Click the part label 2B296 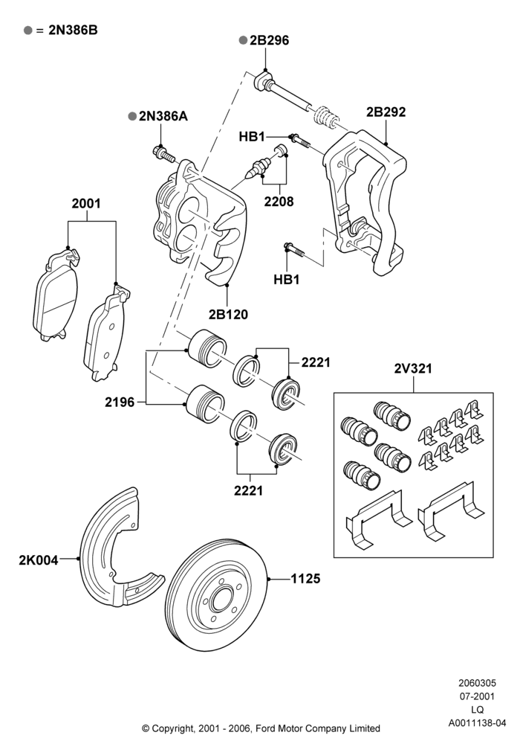(269, 40)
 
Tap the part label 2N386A (163, 116)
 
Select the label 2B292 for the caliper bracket (386, 112)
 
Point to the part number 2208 (279, 202)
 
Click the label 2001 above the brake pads (86, 204)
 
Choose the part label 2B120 (228, 314)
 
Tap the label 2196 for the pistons (120, 403)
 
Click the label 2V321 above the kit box (413, 369)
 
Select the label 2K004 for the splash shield (39, 560)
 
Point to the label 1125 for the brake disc (305, 579)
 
